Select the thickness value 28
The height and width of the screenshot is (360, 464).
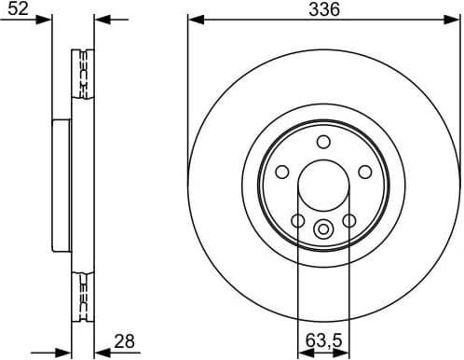(125, 341)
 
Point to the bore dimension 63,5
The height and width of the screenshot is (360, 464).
(322, 342)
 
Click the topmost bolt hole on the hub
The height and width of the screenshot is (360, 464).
(323, 142)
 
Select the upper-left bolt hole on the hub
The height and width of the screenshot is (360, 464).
(281, 172)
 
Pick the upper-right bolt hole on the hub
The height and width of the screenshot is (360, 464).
(365, 172)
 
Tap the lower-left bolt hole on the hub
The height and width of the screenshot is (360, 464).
(297, 220)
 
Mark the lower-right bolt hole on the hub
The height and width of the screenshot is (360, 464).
(349, 220)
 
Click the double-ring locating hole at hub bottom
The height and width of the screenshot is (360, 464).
(323, 228)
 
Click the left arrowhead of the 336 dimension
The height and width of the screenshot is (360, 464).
(194, 19)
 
